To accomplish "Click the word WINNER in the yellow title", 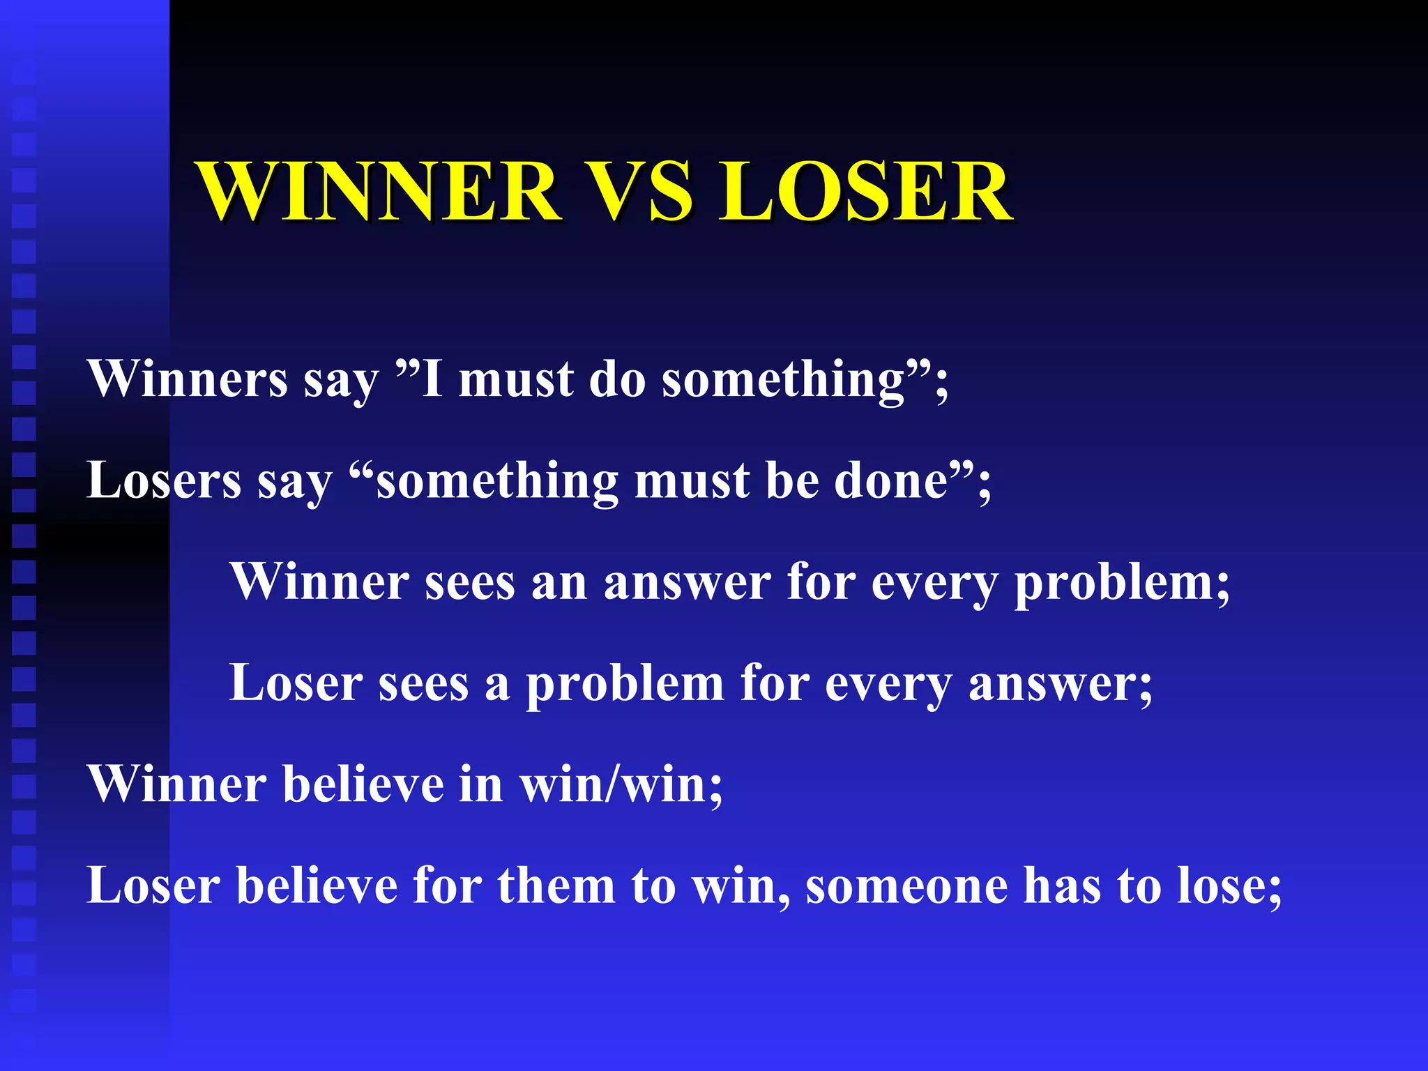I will (x=380, y=192).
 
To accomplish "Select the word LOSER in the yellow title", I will (x=865, y=192).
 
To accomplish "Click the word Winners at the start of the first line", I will (x=187, y=379).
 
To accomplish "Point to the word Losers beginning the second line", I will (x=164, y=481).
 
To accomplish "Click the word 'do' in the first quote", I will (x=617, y=379).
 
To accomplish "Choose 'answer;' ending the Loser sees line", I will (x=1061, y=683).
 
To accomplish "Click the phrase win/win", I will (x=621, y=784).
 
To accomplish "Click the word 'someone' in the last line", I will (x=906, y=886).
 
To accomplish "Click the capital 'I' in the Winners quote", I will (x=432, y=379).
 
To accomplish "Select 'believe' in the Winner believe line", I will (x=363, y=784).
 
